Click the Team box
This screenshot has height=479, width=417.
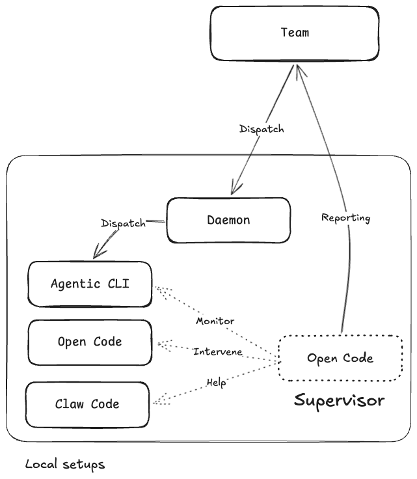pyautogui.click(x=295, y=33)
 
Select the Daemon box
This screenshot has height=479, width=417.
pyautogui.click(x=228, y=220)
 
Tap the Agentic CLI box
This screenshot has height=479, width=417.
pyautogui.click(x=90, y=284)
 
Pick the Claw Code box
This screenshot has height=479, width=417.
pyautogui.click(x=87, y=404)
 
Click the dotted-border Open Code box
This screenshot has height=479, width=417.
pyautogui.click(x=340, y=358)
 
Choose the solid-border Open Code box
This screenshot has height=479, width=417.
pyautogui.click(x=90, y=342)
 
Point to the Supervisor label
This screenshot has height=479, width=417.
pyautogui.click(x=339, y=400)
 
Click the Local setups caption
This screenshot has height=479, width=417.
pyautogui.click(x=65, y=464)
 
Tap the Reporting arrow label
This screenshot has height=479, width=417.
pyautogui.click(x=346, y=218)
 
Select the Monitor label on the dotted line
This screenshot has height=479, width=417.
pyautogui.click(x=215, y=321)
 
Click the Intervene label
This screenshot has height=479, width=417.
pyautogui.click(x=218, y=351)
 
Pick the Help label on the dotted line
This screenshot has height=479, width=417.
pyautogui.click(x=216, y=383)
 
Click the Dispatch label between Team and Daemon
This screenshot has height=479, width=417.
pyautogui.click(x=262, y=129)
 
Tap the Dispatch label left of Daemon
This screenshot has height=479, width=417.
pyautogui.click(x=124, y=223)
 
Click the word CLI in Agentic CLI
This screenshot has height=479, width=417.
pyautogui.click(x=118, y=284)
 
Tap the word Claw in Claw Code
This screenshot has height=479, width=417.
pyautogui.click(x=70, y=404)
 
